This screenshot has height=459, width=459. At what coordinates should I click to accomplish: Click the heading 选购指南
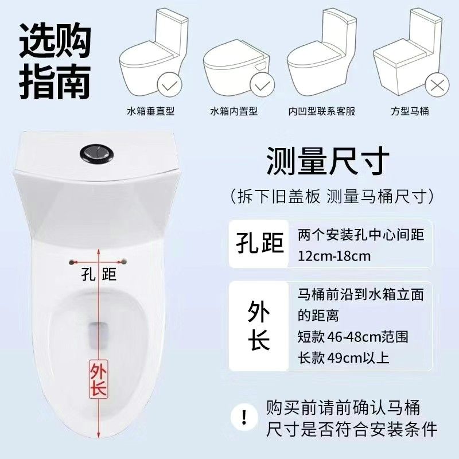point(55,61)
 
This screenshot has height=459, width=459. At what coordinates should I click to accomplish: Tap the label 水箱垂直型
point(151,111)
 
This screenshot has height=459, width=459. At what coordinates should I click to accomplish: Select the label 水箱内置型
point(234,111)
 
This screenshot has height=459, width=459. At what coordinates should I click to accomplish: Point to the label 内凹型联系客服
point(322,111)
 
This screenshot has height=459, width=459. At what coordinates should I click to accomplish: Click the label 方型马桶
point(410,111)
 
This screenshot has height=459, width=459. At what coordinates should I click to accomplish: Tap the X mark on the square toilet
point(437,85)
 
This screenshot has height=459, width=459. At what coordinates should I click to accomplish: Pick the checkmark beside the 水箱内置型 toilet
point(262,85)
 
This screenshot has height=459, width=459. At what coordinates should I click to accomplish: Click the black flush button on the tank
point(96,152)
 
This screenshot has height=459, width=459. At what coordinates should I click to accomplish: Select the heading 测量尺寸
point(328,161)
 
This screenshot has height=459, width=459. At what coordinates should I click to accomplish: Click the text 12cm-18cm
point(334,256)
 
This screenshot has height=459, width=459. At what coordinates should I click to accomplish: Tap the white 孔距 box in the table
point(259,244)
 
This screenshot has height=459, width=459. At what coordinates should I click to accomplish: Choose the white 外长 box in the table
point(259,326)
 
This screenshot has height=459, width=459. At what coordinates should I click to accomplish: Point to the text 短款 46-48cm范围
point(353,337)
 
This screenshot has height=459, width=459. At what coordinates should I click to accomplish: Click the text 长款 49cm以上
point(343,357)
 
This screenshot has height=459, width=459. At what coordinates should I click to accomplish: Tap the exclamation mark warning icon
point(244,417)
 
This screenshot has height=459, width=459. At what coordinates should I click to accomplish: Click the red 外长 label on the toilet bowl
point(99,379)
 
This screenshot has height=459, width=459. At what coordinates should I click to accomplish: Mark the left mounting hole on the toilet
point(71,262)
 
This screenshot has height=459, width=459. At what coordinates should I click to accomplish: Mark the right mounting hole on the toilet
point(124,261)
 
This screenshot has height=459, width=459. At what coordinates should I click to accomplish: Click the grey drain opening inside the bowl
point(99,336)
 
